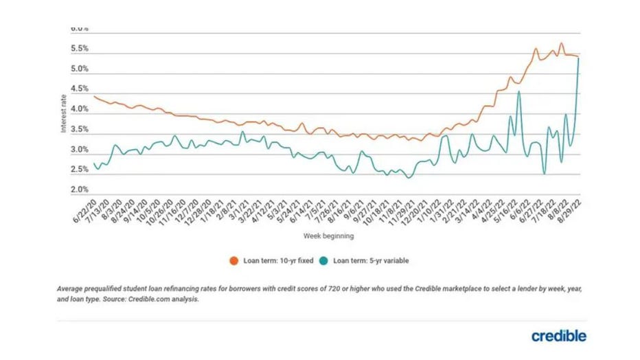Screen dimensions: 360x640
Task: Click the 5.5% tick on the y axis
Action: [80, 49]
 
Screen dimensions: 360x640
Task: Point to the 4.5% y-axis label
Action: [80, 89]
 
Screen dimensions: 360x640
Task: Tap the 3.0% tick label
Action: [80, 150]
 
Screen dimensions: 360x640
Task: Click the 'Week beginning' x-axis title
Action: [329, 236]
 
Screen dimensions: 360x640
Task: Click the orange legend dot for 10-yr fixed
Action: [234, 261]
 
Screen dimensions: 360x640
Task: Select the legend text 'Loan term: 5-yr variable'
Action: [369, 261]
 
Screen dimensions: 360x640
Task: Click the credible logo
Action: [558, 336]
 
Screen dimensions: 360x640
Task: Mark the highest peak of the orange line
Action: [561, 43]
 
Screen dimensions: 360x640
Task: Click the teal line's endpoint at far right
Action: [579, 58]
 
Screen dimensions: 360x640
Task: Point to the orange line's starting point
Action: [94, 96]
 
